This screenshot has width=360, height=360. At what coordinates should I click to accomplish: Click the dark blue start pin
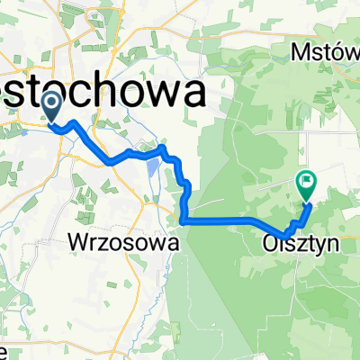pyautogui.click(x=51, y=108)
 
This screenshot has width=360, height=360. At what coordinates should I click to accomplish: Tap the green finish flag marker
pyautogui.click(x=306, y=185)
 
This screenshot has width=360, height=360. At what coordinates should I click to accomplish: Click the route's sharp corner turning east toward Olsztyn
pyautogui.click(x=183, y=220)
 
